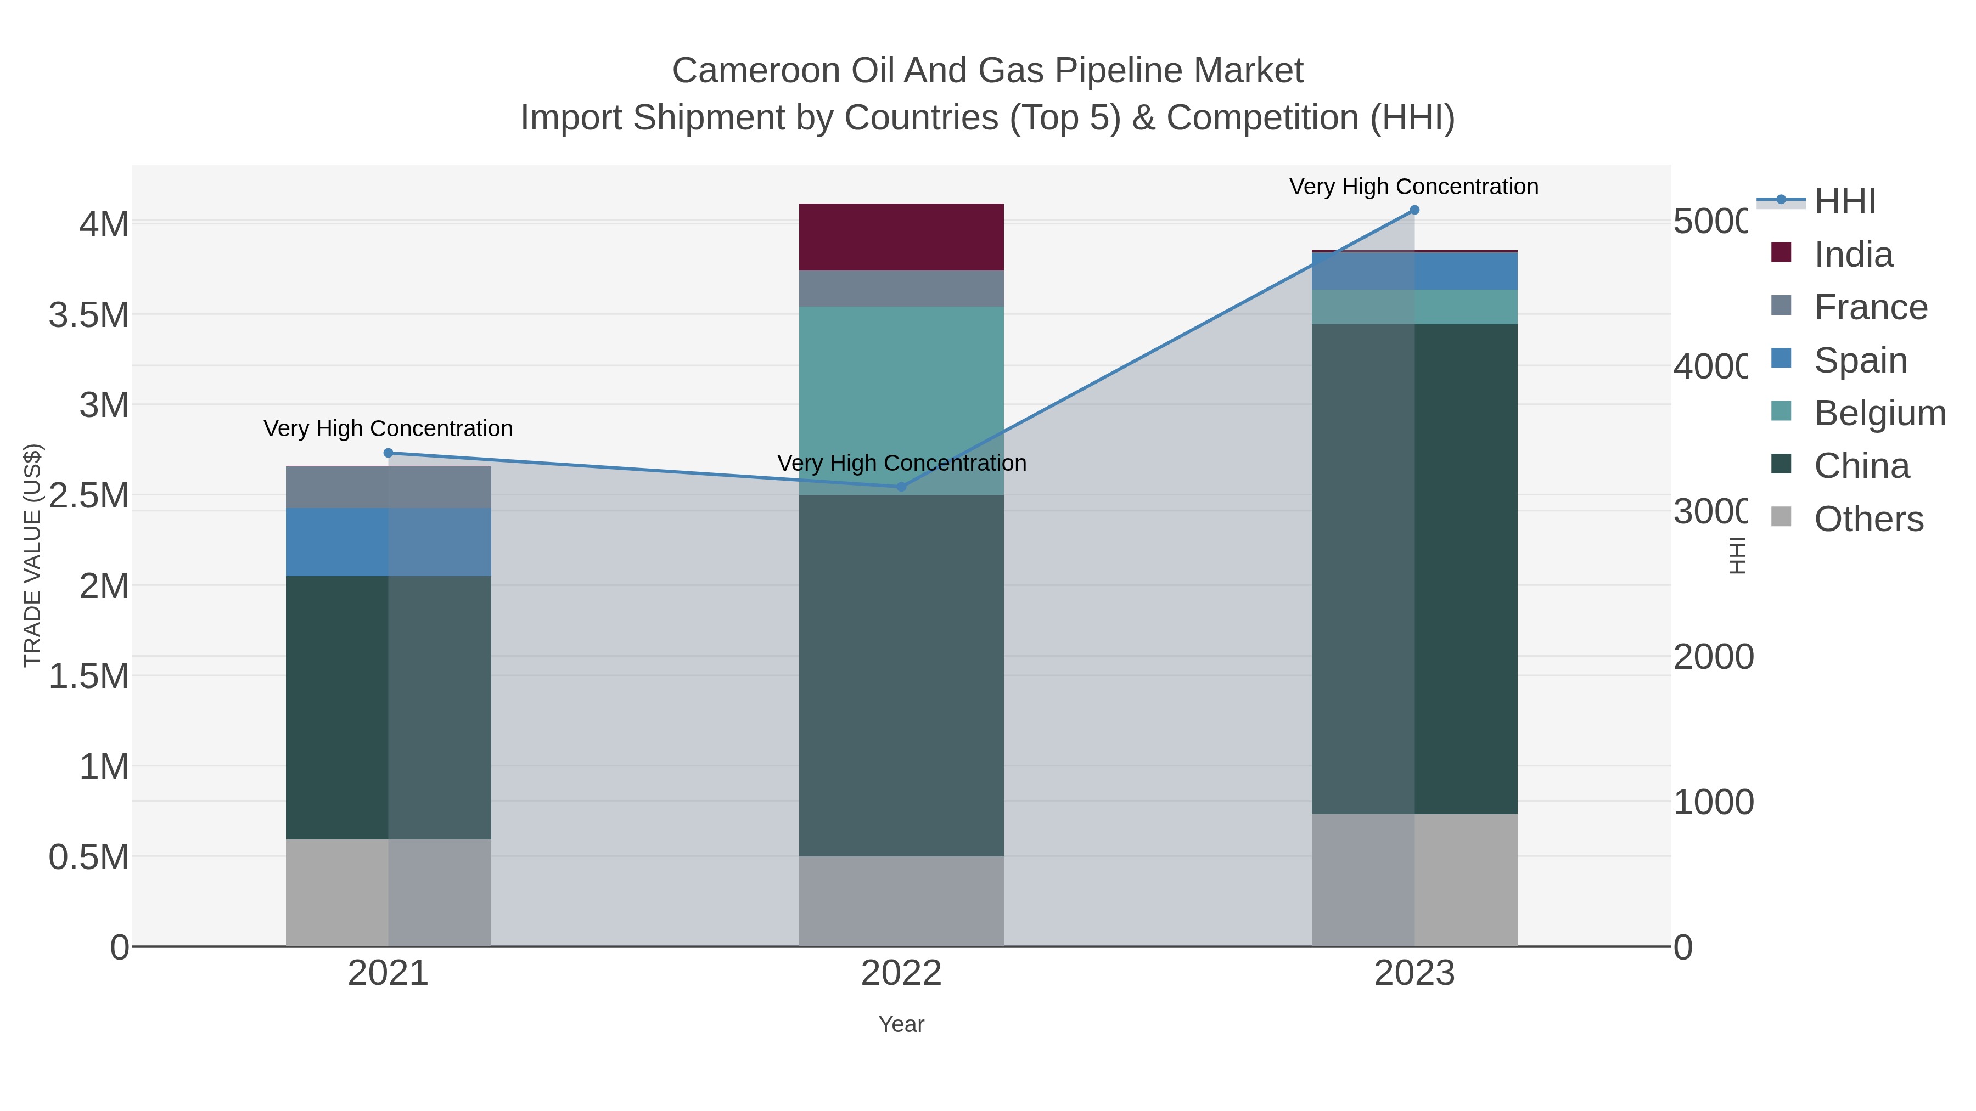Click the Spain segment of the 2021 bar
pos(338,542)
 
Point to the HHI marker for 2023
pos(1414,210)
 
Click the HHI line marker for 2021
pos(388,453)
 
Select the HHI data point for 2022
pos(901,487)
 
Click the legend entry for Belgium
pos(1879,413)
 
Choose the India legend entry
pos(1852,255)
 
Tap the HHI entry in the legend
pos(1845,202)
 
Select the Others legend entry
pos(1868,519)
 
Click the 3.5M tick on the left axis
pos(89,315)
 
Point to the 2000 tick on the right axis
pos(1713,657)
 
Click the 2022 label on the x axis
pos(901,974)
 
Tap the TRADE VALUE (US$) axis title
pos(32,555)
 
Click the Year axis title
pos(901,1024)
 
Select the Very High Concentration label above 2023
pos(1414,187)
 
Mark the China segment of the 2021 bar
pos(338,707)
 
